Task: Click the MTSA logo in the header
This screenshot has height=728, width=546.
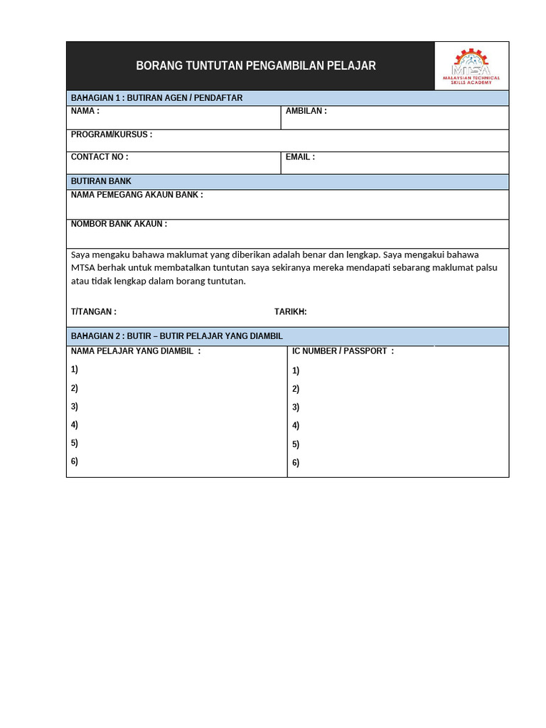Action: point(471,65)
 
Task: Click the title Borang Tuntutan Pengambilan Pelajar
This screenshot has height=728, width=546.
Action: point(256,66)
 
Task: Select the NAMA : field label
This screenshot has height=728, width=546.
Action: point(85,112)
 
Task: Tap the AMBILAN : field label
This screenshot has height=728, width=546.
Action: point(306,112)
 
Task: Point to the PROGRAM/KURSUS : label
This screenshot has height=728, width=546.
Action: point(111,134)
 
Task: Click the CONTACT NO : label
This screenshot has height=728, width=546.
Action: point(99,157)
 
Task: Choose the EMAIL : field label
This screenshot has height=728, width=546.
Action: point(300,157)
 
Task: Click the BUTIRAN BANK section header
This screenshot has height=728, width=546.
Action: point(101,181)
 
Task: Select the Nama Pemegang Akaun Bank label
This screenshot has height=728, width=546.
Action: point(136,195)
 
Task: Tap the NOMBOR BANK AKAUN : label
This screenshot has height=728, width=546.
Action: point(119,224)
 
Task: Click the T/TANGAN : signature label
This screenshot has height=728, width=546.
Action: point(93,311)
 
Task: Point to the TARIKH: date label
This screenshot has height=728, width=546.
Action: point(290,311)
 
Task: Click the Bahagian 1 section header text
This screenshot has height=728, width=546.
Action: point(156,98)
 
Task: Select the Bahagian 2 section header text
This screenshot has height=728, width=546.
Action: point(176,336)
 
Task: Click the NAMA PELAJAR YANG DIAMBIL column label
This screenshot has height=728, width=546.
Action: point(135,350)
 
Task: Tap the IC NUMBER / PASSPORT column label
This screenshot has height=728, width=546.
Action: point(342,351)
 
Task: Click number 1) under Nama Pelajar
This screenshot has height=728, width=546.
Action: point(75,369)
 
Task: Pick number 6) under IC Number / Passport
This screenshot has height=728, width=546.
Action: point(296,463)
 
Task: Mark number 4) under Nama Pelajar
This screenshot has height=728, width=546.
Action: point(75,424)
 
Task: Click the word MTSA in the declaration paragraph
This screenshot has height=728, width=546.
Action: point(82,267)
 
